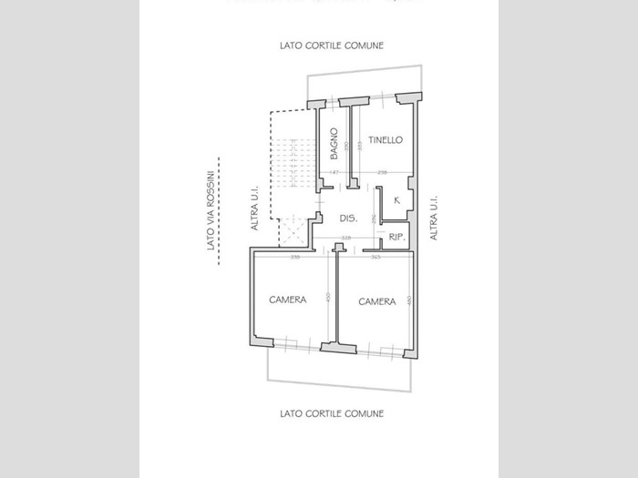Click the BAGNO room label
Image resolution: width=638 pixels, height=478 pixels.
(x=334, y=144)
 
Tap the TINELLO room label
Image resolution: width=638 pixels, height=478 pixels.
(x=386, y=139)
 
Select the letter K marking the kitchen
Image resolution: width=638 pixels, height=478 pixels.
(x=397, y=200)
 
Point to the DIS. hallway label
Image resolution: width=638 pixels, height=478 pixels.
(x=347, y=219)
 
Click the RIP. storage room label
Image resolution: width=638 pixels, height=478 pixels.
(x=396, y=238)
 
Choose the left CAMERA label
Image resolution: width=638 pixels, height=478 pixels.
(x=287, y=300)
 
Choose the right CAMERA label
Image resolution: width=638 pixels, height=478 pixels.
(x=376, y=301)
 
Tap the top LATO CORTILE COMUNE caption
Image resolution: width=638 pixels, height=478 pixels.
(x=332, y=46)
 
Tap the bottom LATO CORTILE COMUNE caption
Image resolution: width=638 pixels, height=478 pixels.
(x=332, y=413)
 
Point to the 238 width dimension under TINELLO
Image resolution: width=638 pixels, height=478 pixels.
(x=382, y=173)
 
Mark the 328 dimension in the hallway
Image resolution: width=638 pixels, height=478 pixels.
(x=346, y=239)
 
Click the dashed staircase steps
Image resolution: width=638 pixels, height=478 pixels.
(x=288, y=159)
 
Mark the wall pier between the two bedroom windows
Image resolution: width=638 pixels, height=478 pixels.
(x=332, y=347)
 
